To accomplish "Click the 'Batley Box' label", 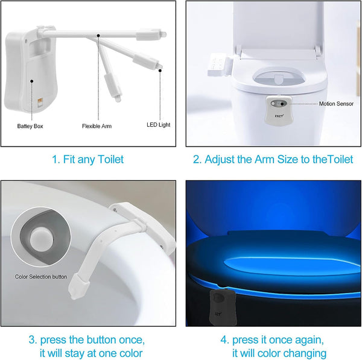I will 30,126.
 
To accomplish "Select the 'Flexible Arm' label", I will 97,126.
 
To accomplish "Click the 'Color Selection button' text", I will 41,277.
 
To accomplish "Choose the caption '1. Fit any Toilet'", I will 87,159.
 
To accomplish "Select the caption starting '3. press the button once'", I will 87,346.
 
